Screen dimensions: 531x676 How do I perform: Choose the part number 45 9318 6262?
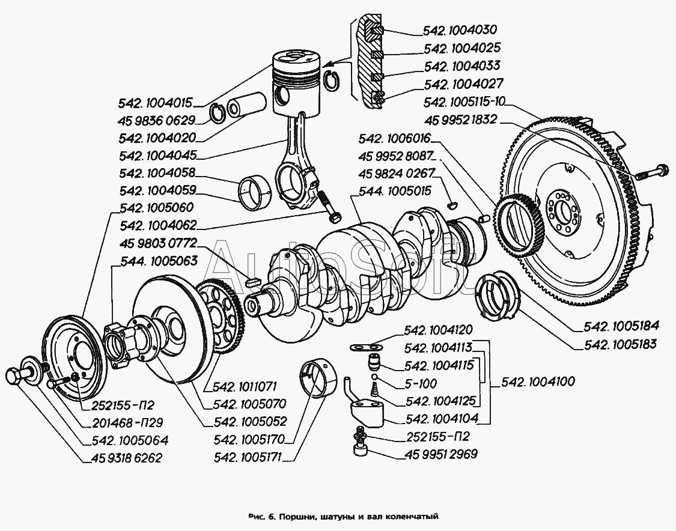click(127, 458)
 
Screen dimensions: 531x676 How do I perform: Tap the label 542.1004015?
click(156, 103)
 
